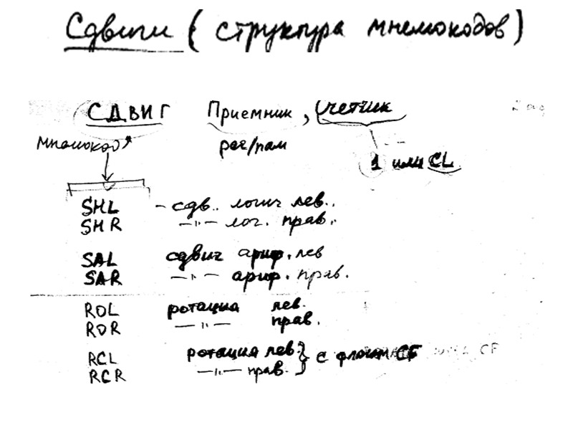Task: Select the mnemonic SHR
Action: tap(101, 226)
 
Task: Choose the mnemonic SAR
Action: tap(102, 277)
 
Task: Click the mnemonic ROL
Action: tap(100, 310)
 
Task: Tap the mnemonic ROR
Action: tap(101, 329)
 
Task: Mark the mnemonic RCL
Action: tap(102, 358)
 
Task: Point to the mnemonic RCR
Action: tap(105, 375)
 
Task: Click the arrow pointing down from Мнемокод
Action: tap(107, 170)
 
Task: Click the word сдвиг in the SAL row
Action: tap(193, 256)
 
